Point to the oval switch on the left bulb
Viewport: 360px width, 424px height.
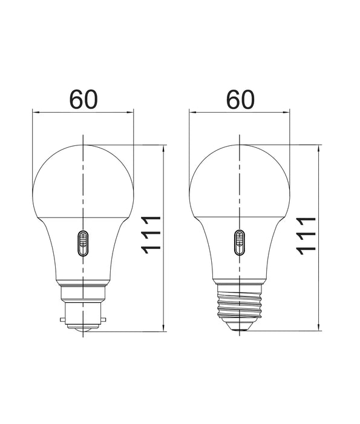(x=83, y=244)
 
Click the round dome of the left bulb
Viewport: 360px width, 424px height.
(x=83, y=179)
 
